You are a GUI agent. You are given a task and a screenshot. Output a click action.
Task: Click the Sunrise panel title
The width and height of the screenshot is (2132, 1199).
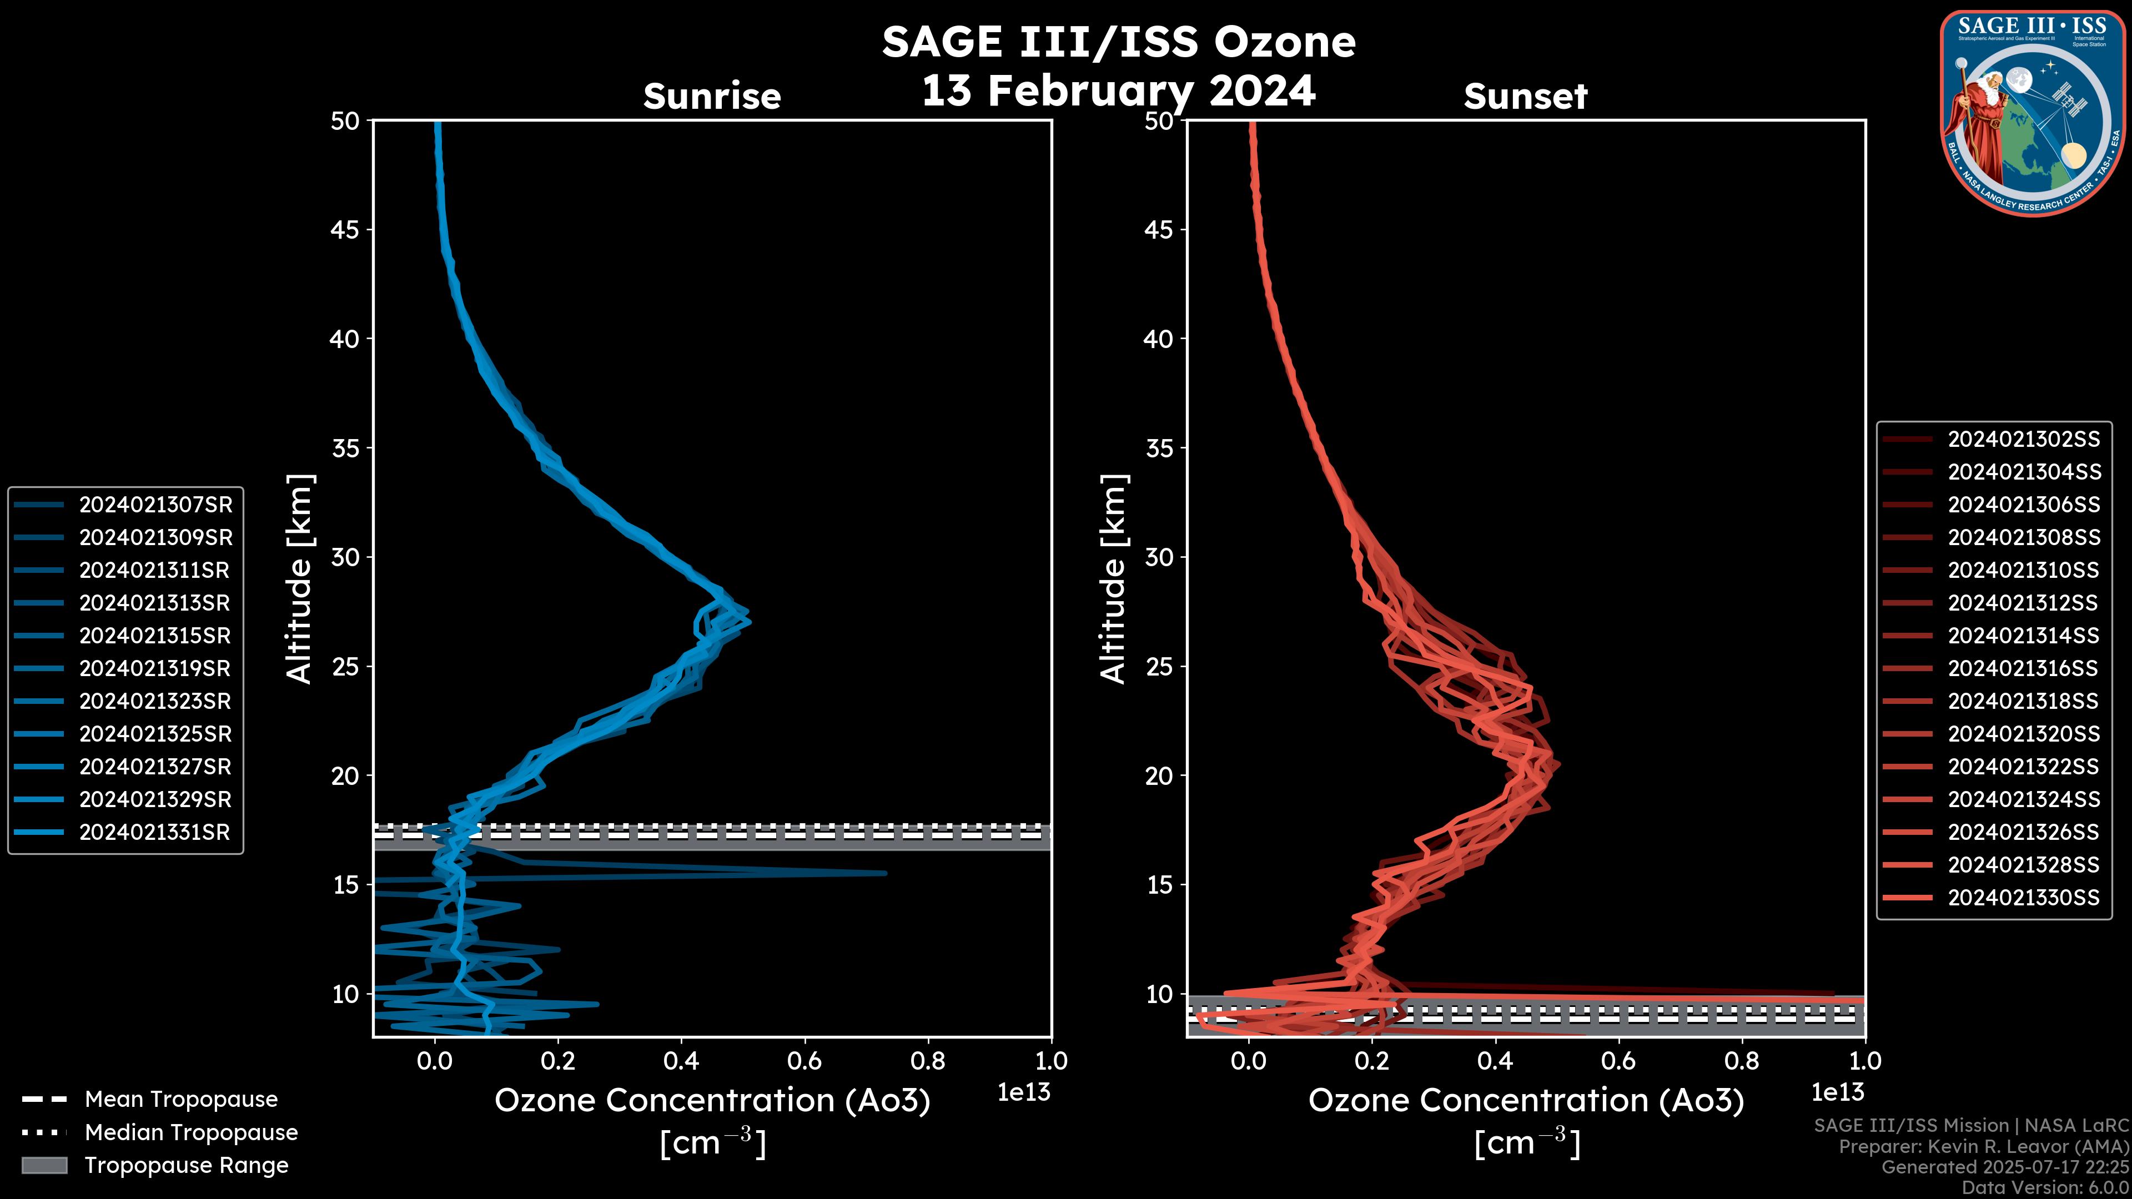712,96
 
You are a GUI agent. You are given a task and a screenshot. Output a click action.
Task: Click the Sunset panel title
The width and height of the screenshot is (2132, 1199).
1525,96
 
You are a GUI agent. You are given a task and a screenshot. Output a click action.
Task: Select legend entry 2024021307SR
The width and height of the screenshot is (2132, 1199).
155,505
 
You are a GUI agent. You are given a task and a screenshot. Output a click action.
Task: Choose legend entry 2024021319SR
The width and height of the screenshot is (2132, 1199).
155,668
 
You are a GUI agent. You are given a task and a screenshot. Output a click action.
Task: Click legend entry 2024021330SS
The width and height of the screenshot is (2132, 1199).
2024,898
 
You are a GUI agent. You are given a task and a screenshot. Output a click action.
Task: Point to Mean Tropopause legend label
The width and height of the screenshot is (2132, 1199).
181,1100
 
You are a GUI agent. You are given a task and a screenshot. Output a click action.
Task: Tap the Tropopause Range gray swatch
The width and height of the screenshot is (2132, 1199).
44,1166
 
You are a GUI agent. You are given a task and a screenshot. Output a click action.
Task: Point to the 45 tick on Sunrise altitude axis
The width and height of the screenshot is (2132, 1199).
345,230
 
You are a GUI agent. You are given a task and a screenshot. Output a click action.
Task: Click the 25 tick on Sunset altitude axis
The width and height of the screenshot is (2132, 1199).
1159,667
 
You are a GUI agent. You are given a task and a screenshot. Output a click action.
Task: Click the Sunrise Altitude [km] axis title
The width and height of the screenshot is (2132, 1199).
300,579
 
